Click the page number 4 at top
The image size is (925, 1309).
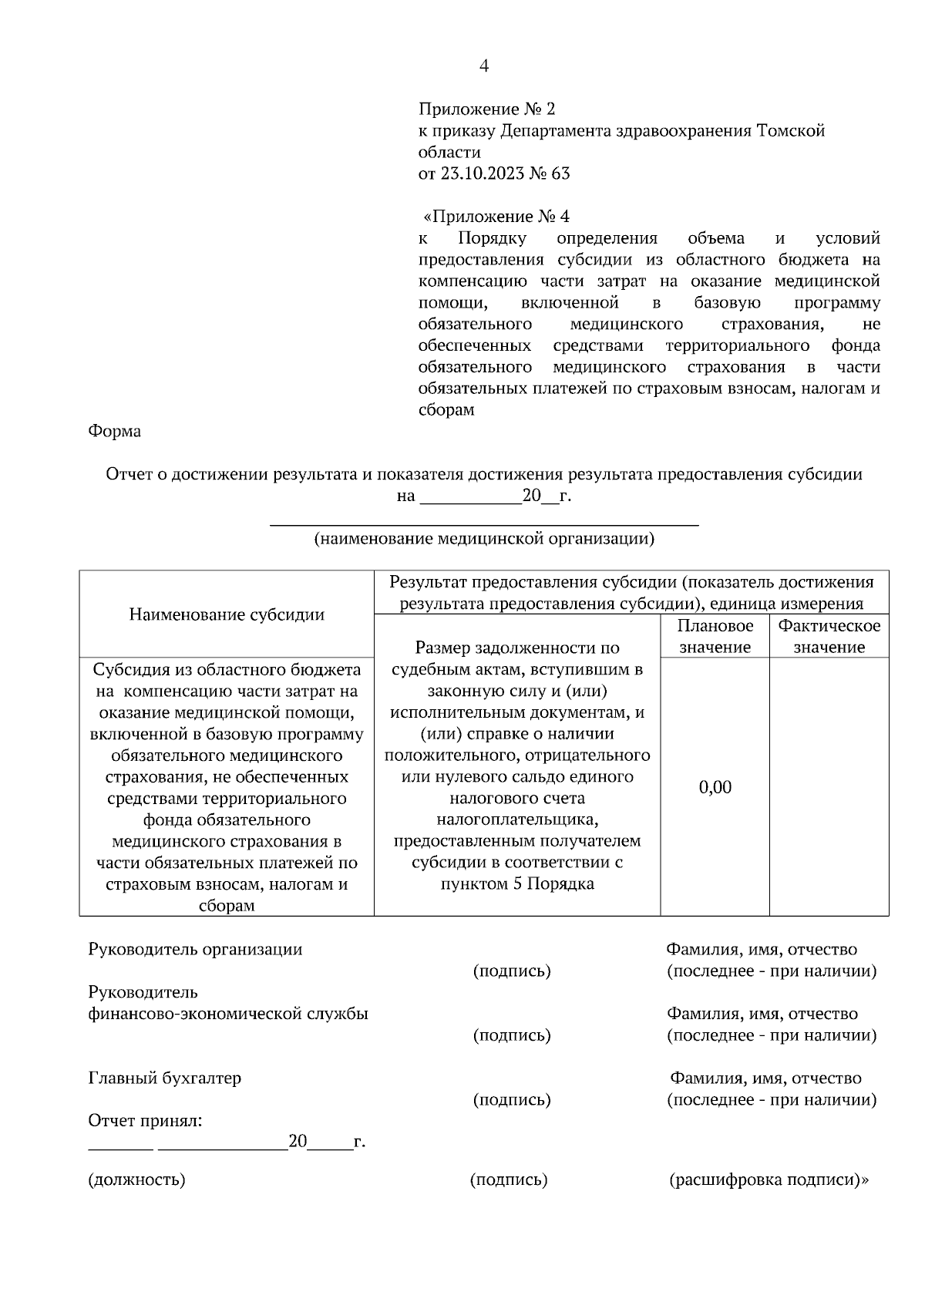tap(484, 66)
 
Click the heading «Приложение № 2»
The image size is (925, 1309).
tap(486, 109)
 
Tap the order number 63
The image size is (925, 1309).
tap(560, 173)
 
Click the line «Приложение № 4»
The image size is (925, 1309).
tap(497, 217)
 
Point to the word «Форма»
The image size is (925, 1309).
tap(115, 431)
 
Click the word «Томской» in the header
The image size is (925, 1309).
tap(792, 131)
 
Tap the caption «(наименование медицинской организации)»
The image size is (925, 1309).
tap(484, 539)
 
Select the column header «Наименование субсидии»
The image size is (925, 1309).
tap(227, 614)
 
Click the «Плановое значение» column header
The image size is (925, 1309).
tap(715, 636)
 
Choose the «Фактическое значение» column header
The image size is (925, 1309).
tap(829, 636)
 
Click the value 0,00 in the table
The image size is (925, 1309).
tap(715, 787)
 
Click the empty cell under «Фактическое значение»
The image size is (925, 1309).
tap(829, 786)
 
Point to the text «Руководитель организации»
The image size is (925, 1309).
tap(195, 949)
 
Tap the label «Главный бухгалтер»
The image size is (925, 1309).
tap(165, 1078)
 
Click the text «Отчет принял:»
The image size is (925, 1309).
tap(146, 1121)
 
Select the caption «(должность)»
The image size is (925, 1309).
tap(137, 1179)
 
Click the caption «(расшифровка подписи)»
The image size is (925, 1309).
tap(769, 1179)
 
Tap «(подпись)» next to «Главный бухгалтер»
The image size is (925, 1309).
tap(512, 1099)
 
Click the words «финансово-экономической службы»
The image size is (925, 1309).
tap(228, 1014)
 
